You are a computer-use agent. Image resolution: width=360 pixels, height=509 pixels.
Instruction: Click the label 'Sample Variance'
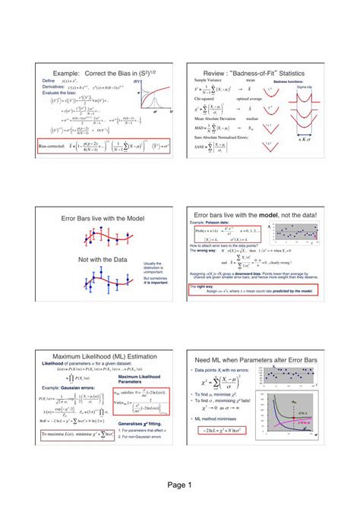tap(207, 79)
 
